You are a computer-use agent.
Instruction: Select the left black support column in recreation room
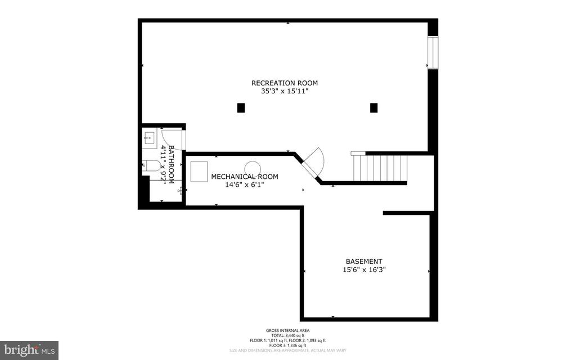tap(241, 107)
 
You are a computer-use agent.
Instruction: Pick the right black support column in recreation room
tap(373, 107)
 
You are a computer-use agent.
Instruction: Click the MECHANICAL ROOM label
tap(244, 177)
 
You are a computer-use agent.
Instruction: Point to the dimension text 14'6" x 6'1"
tap(244, 184)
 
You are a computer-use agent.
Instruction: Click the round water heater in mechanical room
tap(253, 168)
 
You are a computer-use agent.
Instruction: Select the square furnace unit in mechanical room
tap(199, 170)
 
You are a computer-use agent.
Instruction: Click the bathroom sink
tap(149, 137)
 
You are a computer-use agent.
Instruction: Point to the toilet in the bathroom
tap(150, 165)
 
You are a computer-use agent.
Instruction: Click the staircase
tap(380, 167)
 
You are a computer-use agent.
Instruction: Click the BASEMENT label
tap(364, 262)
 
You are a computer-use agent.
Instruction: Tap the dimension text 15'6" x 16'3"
tap(364, 269)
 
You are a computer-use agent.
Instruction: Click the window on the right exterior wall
tap(433, 53)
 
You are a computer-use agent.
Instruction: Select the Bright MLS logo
tap(29, 350)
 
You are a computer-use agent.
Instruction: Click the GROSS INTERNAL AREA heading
tap(287, 331)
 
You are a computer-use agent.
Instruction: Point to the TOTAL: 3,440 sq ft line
tap(287, 336)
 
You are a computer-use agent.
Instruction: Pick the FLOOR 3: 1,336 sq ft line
tap(287, 345)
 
